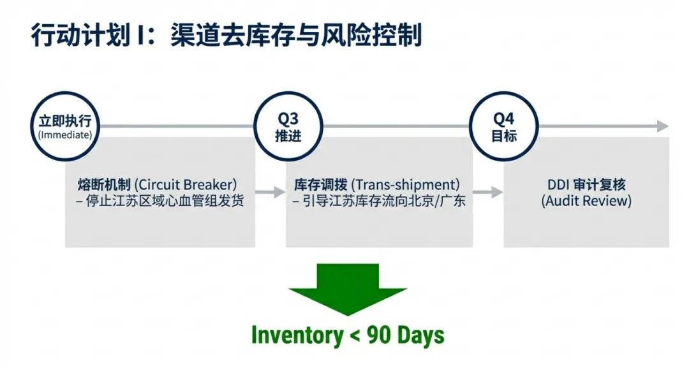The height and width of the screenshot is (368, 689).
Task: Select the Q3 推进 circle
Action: click(x=287, y=126)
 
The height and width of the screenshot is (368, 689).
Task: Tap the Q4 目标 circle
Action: click(x=503, y=126)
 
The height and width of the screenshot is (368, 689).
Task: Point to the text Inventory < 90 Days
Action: click(x=348, y=335)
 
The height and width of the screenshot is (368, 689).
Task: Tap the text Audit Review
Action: click(x=586, y=201)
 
